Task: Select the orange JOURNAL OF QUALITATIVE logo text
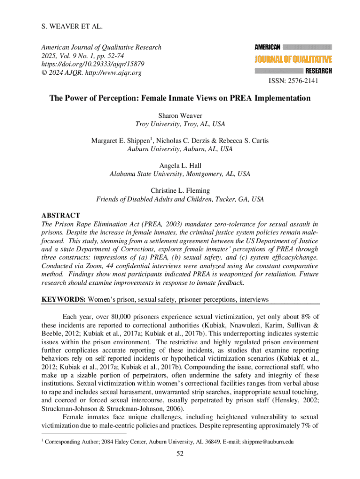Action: pyautogui.click(x=293, y=59)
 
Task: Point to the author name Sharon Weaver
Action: pyautogui.click(x=180, y=115)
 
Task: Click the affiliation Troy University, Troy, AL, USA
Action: pyautogui.click(x=180, y=124)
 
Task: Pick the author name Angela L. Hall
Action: pyautogui.click(x=180, y=166)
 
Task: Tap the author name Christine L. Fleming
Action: pyautogui.click(x=180, y=191)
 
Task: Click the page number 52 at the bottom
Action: pyautogui.click(x=180, y=453)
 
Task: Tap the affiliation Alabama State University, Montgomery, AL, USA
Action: pyautogui.click(x=180, y=174)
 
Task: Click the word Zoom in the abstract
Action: pyautogui.click(x=101, y=266)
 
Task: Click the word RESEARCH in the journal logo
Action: pyautogui.click(x=318, y=71)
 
